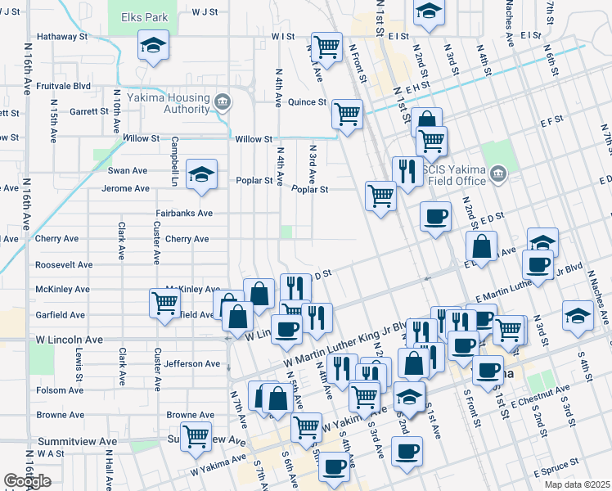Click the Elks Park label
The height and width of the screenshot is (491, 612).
[143, 16]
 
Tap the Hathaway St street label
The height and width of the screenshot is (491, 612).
[62, 37]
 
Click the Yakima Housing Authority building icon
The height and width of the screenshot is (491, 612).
[222, 102]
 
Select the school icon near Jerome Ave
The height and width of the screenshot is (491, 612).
[201, 174]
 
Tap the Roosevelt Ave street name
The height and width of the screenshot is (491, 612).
[64, 265]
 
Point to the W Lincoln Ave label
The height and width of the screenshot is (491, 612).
[69, 339]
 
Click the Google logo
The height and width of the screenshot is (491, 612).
[27, 481]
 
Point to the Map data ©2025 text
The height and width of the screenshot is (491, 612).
[577, 484]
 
